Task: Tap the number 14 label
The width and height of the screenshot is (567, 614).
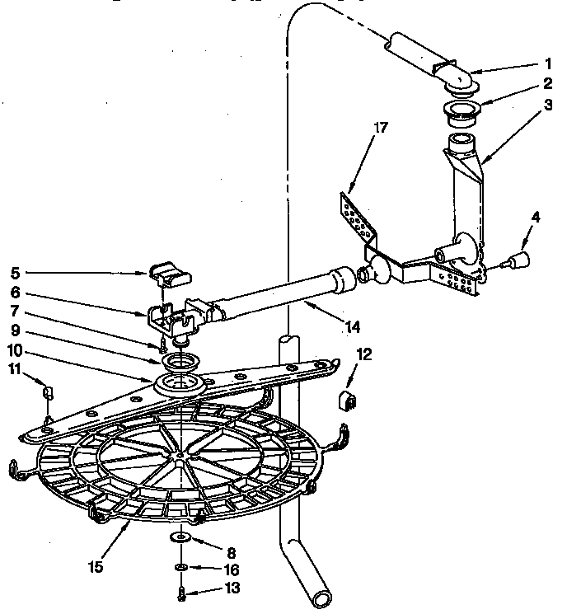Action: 352,326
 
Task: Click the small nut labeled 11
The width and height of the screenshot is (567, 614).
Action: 48,390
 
